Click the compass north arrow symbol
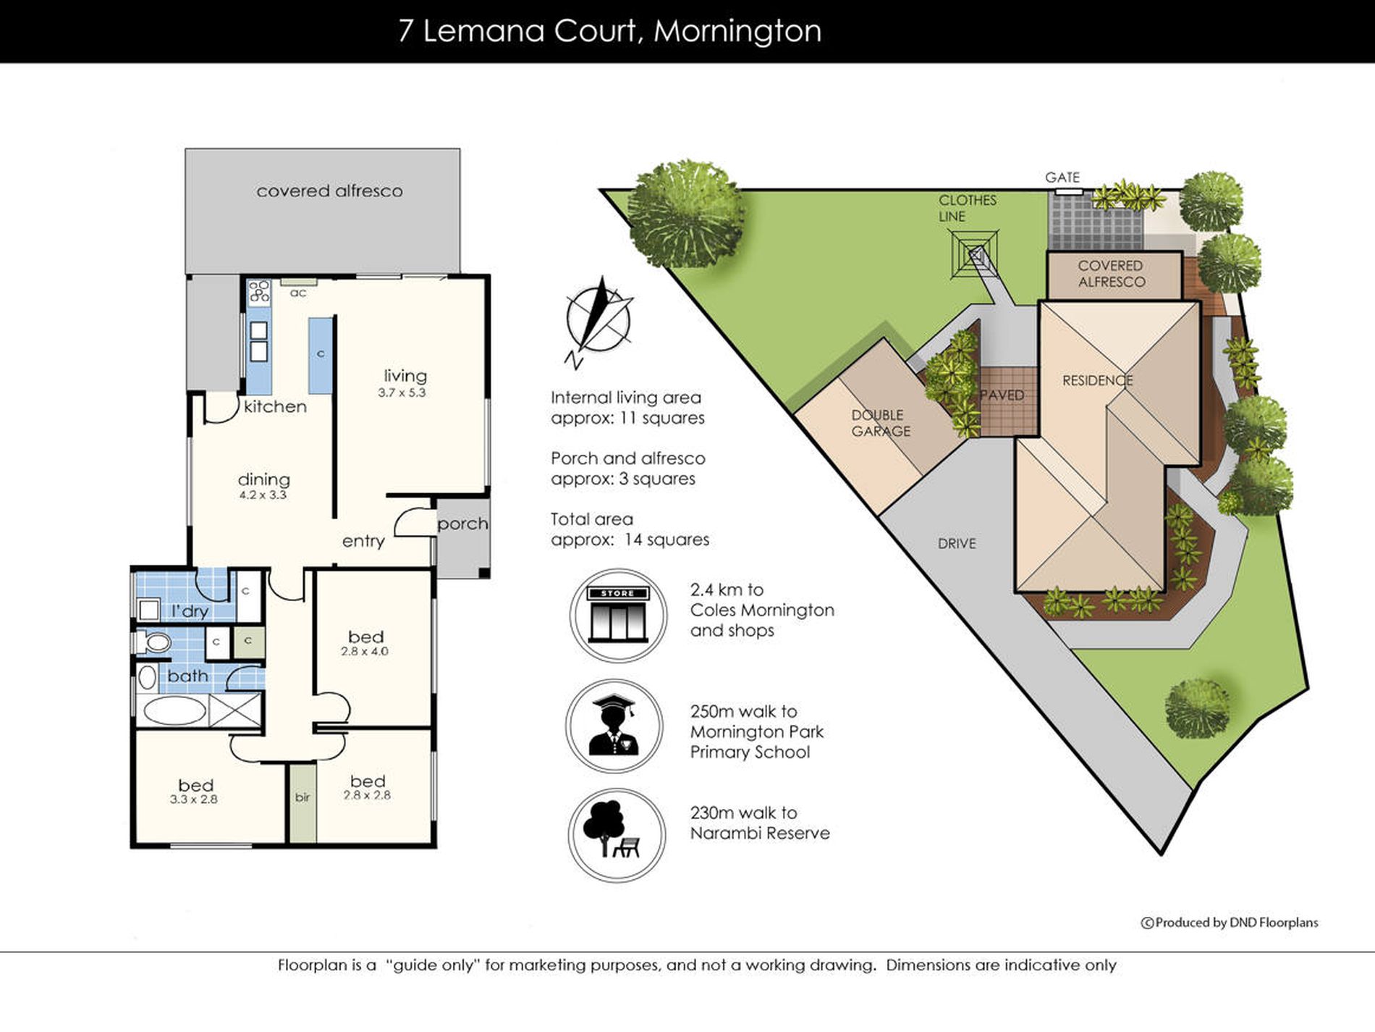pyautogui.click(x=599, y=322)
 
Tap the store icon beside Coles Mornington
pyautogui.click(x=617, y=615)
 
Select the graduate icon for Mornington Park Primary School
pyautogui.click(x=614, y=726)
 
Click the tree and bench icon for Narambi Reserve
pyautogui.click(x=616, y=835)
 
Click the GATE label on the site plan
pyautogui.click(x=1062, y=177)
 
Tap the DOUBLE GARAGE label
pyautogui.click(x=881, y=423)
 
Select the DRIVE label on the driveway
pyautogui.click(x=957, y=543)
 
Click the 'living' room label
pyautogui.click(x=405, y=376)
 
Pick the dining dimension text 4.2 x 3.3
pyautogui.click(x=263, y=495)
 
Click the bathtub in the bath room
pyautogui.click(x=174, y=710)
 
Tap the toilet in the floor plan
pyautogui.click(x=153, y=642)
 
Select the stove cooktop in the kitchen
pyautogui.click(x=259, y=291)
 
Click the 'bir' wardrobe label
pyautogui.click(x=302, y=797)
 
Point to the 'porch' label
pyautogui.click(x=462, y=524)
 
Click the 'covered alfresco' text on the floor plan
pyautogui.click(x=329, y=191)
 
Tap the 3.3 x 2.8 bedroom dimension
pyautogui.click(x=194, y=800)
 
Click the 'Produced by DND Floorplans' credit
pyautogui.click(x=1230, y=923)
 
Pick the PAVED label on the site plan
pyautogui.click(x=1002, y=395)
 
